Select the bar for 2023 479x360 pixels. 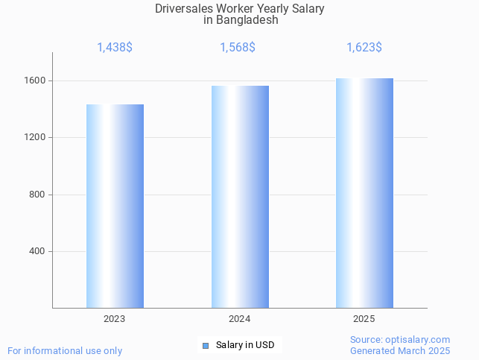point(115,206)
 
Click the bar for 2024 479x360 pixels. point(240,197)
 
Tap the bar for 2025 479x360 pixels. point(364,193)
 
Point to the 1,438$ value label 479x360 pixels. point(115,48)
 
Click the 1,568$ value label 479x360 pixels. point(238,48)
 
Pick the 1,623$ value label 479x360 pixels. point(364,48)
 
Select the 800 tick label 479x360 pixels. point(37,195)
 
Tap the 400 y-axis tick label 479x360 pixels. point(37,251)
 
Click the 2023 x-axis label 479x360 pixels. point(115,319)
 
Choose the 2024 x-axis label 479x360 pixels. point(239,319)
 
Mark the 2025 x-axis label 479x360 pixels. point(364,319)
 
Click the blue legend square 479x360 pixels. point(206,345)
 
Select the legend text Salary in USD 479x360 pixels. point(245,345)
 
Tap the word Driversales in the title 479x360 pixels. point(183,9)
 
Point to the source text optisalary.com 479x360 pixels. point(418,340)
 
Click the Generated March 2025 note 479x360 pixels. point(400,350)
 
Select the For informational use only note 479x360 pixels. point(65,350)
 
